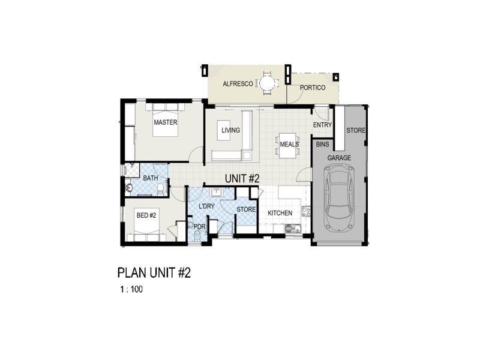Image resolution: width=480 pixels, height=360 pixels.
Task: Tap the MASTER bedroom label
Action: click(x=165, y=122)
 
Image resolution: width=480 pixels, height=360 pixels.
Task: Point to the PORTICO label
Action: click(x=313, y=88)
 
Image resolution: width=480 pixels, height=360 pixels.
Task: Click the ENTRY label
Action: click(x=322, y=125)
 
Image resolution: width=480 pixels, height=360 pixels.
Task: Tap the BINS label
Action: click(x=322, y=145)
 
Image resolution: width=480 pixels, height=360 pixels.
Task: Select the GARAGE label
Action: click(x=339, y=157)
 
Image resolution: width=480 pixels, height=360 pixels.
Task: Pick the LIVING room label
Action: click(x=230, y=130)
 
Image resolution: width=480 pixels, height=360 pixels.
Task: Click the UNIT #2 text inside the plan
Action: click(x=242, y=178)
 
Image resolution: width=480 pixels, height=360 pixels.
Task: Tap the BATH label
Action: click(x=150, y=178)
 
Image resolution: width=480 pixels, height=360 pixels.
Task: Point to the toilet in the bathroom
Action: click(x=160, y=190)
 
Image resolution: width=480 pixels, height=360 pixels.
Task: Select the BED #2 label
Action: click(x=146, y=215)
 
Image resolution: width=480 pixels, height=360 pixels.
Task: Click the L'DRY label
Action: click(x=206, y=206)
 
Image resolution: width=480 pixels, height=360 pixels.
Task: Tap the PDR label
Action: click(x=200, y=226)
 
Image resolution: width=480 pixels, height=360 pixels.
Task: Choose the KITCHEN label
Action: click(x=280, y=213)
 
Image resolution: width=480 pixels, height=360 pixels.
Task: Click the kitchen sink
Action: click(x=292, y=228)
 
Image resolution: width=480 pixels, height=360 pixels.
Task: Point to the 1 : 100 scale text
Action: click(x=131, y=289)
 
